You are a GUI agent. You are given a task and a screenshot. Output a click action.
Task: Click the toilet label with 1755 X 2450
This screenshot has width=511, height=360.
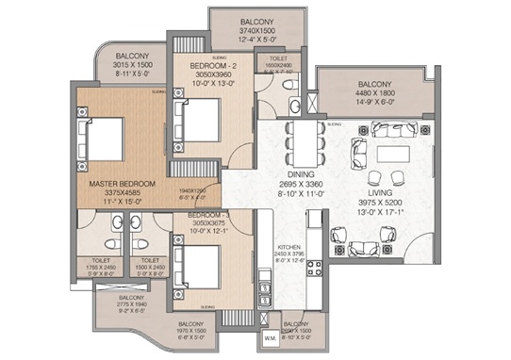click(x=100, y=267)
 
